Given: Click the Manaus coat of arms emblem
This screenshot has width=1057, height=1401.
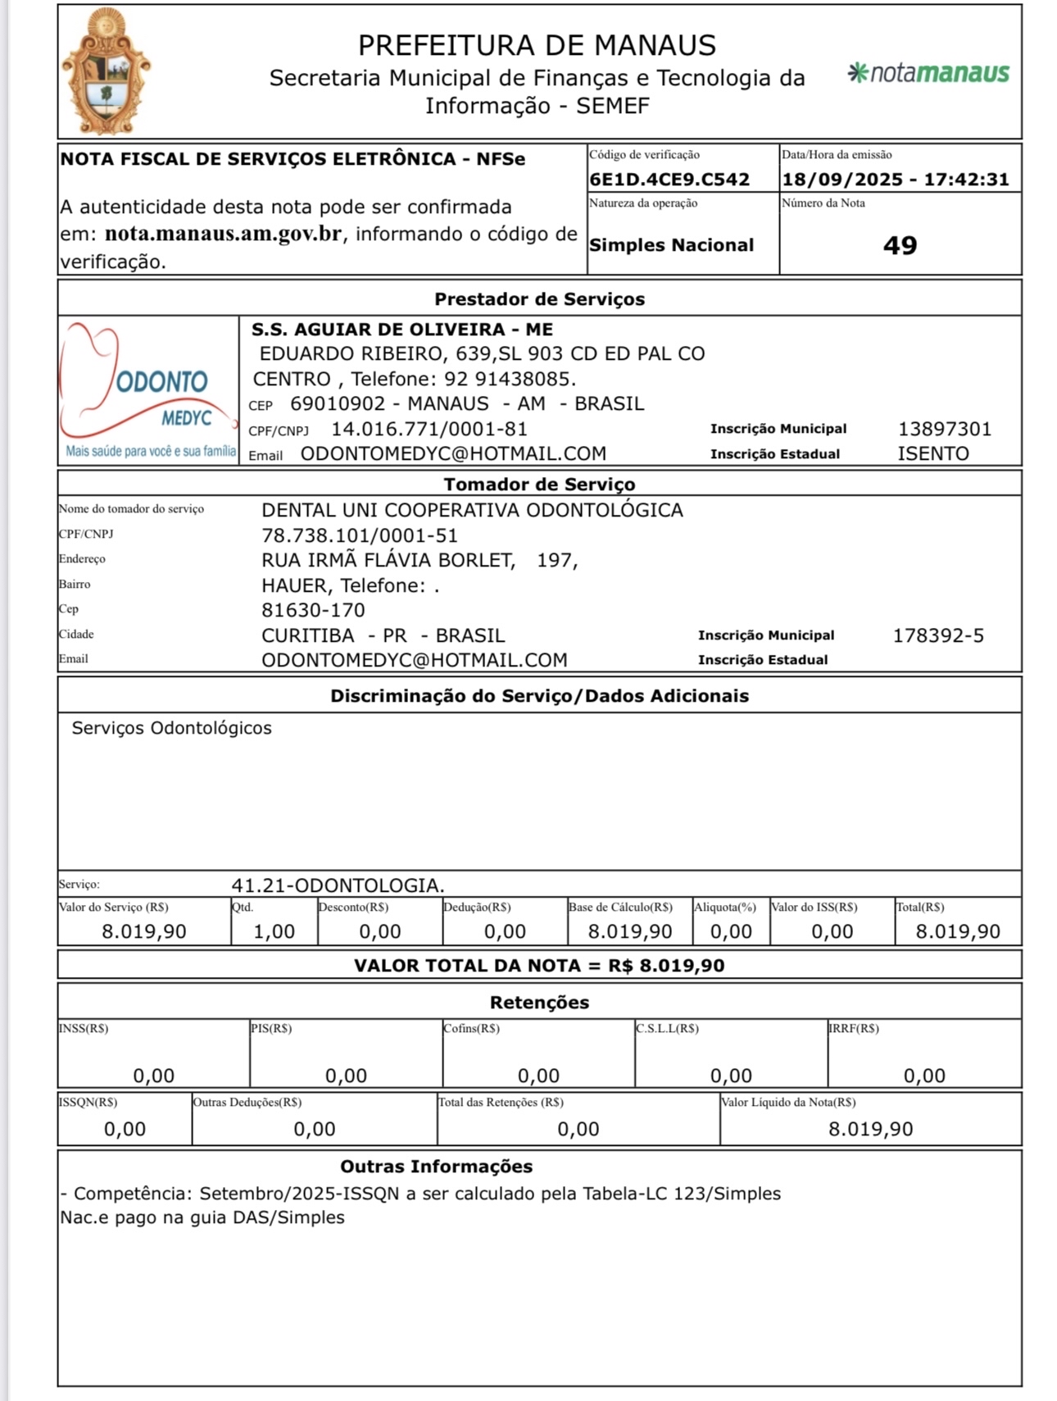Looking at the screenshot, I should pyautogui.click(x=107, y=72).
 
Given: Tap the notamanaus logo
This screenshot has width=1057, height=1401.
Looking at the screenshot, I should pyautogui.click(x=928, y=73).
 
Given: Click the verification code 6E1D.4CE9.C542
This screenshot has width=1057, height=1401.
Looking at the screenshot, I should pyautogui.click(x=669, y=180).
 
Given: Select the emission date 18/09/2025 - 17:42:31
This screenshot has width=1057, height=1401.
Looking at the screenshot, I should pyautogui.click(x=896, y=180).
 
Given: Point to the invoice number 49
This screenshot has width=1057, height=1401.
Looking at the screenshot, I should pyautogui.click(x=900, y=245).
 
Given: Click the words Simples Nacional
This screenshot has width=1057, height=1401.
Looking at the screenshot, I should pyautogui.click(x=671, y=245).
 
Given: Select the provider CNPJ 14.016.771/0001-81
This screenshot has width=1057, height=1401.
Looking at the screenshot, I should pyautogui.click(x=429, y=429).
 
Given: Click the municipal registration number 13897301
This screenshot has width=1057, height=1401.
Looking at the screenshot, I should pyautogui.click(x=945, y=429).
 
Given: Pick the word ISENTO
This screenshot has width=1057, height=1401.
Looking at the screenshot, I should pyautogui.click(x=933, y=453).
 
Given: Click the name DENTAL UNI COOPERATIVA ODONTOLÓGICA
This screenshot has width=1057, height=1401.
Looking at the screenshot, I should pyautogui.click(x=472, y=510).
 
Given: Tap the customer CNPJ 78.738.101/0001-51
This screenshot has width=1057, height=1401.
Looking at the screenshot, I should pyautogui.click(x=359, y=535).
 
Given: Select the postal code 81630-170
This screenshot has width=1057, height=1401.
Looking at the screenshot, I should pyautogui.click(x=313, y=610).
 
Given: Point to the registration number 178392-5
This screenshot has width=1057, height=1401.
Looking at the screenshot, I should pyautogui.click(x=938, y=635).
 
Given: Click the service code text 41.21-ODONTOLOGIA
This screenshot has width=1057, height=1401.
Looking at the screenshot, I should pyautogui.click(x=338, y=885).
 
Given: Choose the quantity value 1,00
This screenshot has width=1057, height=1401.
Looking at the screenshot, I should pyautogui.click(x=274, y=931).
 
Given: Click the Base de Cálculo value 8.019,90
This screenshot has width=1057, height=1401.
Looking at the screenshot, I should pyautogui.click(x=629, y=931).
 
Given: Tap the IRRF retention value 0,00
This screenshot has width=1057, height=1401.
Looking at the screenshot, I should pyautogui.click(x=924, y=1076).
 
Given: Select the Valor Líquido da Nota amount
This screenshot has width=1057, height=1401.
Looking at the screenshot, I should pyautogui.click(x=870, y=1129).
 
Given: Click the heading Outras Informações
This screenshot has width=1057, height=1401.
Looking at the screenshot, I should pyautogui.click(x=436, y=1167).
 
